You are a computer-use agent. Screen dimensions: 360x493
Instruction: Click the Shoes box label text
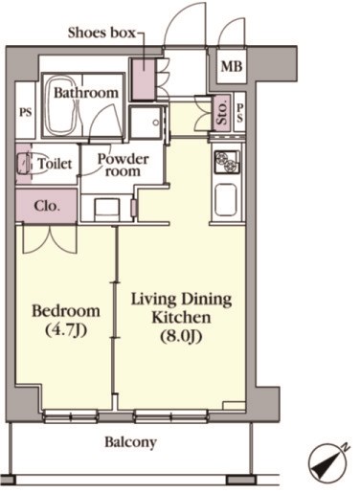tap(101, 33)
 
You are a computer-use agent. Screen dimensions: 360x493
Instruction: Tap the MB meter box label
tap(232, 66)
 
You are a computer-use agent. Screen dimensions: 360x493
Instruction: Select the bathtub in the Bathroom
tap(62, 104)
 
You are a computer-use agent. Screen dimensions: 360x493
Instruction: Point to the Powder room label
tap(123, 165)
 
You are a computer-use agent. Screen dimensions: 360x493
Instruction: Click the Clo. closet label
tap(47, 206)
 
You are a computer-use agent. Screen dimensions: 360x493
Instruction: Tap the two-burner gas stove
tap(227, 162)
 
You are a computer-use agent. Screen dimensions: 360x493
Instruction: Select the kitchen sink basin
tap(226, 200)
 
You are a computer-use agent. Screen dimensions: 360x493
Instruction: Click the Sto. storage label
tap(222, 112)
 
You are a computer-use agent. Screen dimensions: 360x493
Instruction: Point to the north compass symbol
tap(327, 461)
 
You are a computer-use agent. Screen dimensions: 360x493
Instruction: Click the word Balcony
tap(131, 442)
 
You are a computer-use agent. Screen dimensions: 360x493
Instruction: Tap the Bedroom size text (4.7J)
tap(66, 330)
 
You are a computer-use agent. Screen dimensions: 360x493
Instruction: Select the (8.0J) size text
tap(181, 336)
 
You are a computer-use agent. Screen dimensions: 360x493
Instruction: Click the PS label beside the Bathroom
tap(26, 112)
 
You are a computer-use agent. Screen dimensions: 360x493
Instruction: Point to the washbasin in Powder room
tap(107, 210)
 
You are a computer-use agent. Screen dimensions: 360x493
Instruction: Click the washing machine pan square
tap(146, 123)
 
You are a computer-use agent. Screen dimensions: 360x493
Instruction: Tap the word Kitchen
tap(181, 318)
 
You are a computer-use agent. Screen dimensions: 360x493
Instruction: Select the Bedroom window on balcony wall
tap(70, 416)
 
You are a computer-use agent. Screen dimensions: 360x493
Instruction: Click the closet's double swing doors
tap(50, 239)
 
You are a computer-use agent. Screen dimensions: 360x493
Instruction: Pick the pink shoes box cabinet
tap(144, 78)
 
